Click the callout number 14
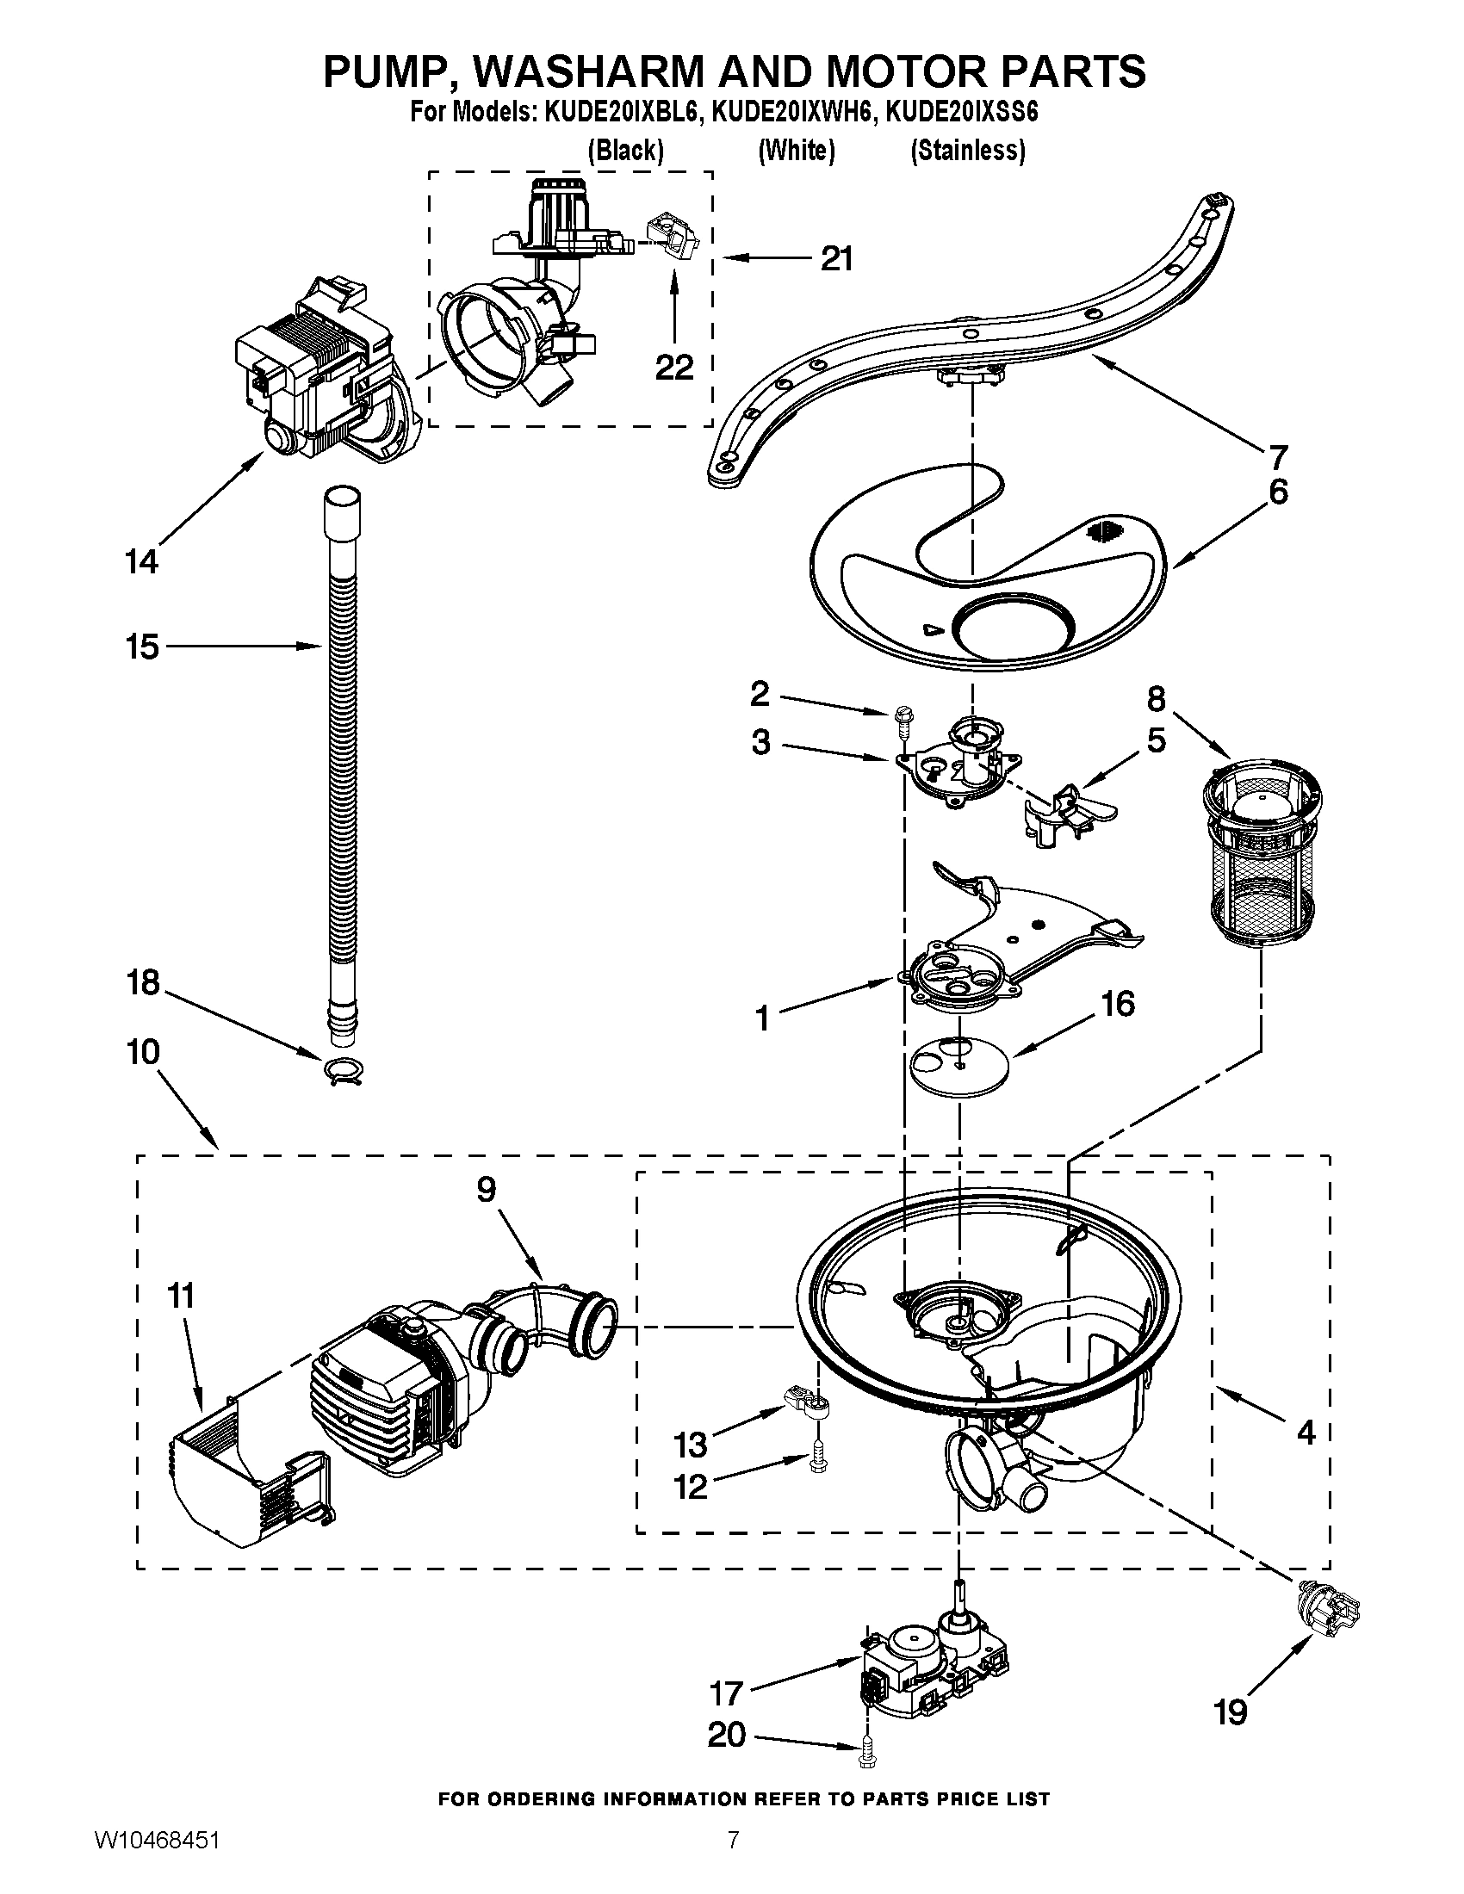pos(142,562)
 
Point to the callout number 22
pos(674,367)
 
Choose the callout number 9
pos(486,1190)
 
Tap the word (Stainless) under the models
pos(967,151)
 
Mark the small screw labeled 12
pos(817,1464)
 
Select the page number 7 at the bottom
pos(734,1860)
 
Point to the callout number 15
pos(142,646)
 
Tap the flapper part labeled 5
pos(1070,812)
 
